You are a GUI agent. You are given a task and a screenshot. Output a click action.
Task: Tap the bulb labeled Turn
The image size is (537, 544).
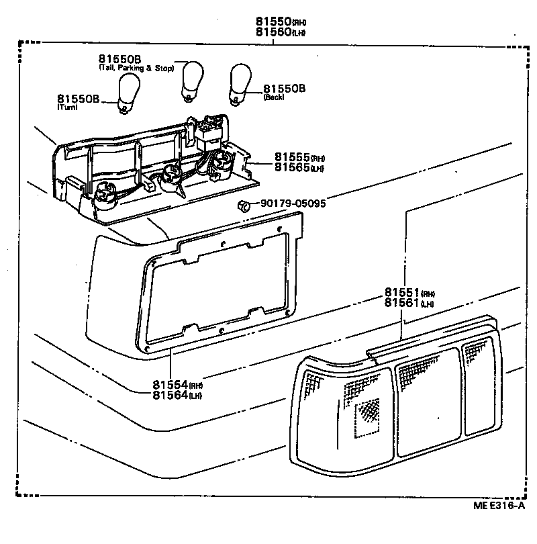point(128,94)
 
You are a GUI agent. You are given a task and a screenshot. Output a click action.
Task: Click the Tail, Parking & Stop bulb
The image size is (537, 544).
point(193,80)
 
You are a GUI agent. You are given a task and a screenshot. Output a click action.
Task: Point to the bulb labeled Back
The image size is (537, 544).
point(240,84)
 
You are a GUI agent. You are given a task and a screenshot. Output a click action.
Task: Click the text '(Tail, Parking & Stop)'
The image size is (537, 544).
point(136,68)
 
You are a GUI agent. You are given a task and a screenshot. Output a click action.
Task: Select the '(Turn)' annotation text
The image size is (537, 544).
point(68,107)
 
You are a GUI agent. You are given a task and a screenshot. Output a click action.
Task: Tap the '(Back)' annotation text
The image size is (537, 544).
point(274,97)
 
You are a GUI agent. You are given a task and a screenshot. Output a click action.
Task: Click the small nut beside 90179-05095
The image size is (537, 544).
point(244,205)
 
